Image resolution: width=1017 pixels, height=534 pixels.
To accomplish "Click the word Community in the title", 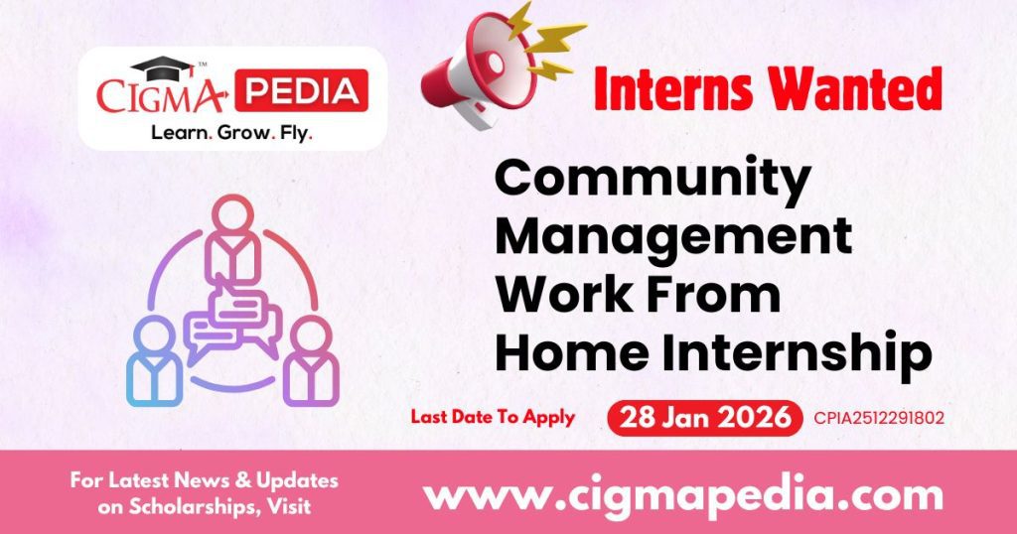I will [652, 181].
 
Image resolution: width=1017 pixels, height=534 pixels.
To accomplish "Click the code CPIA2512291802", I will [878, 418].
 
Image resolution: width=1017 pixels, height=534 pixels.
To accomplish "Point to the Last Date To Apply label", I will [493, 417].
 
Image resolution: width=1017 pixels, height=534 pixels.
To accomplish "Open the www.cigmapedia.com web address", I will [683, 492].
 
